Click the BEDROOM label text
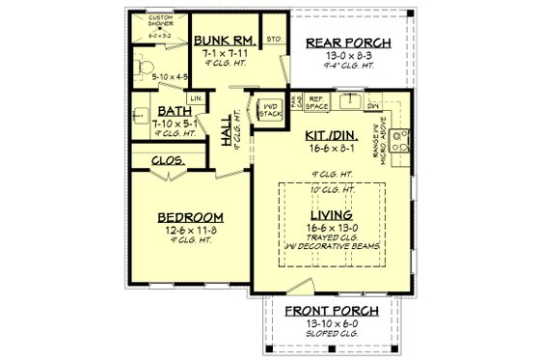(x=191, y=217)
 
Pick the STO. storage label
(x=271, y=41)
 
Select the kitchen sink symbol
(x=351, y=101)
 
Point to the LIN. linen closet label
(x=194, y=98)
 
